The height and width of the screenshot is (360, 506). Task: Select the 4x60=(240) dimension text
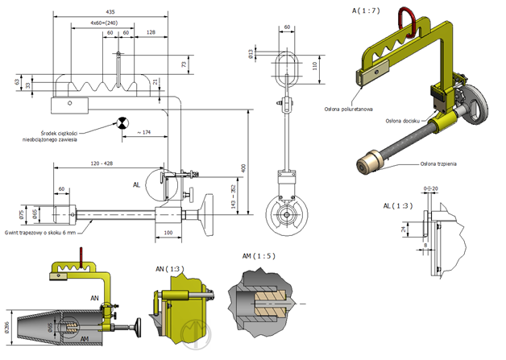click(102, 23)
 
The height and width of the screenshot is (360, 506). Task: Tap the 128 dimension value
click(151, 32)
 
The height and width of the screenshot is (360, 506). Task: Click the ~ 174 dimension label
click(144, 131)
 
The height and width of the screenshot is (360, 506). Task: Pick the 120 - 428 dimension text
click(106, 163)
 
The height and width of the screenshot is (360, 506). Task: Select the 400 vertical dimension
click(243, 168)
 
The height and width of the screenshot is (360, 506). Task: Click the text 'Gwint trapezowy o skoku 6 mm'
click(38, 231)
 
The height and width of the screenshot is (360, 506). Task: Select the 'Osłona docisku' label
click(403, 122)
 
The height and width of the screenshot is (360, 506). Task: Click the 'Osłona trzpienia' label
click(438, 163)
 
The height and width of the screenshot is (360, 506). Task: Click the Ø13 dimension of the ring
click(251, 54)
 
